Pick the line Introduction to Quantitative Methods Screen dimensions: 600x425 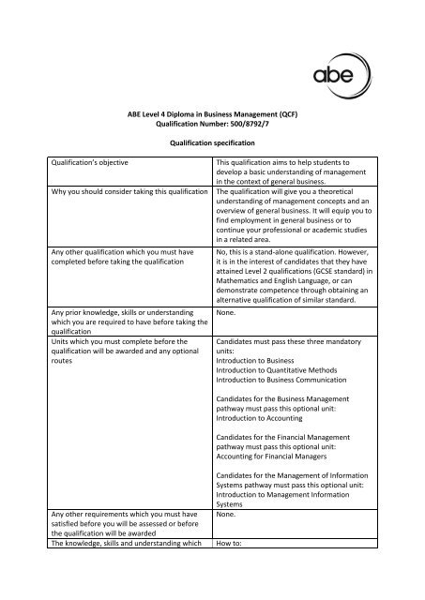tap(280, 367)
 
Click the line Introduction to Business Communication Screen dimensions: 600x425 tap(281, 379)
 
